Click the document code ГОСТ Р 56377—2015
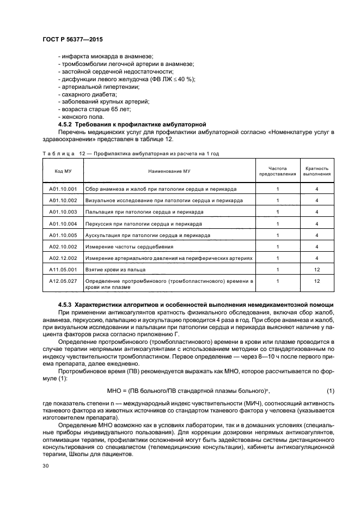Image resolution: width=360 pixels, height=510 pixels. [72, 40]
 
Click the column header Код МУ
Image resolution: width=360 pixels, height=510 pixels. [63, 171]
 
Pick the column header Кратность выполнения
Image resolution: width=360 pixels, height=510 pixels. [316, 171]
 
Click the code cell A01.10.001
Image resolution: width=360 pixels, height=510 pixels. [63, 189]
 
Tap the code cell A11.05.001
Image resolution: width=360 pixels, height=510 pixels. [63, 269]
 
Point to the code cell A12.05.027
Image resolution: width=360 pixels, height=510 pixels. [63, 281]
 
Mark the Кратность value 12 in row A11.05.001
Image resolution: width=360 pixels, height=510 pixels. [316, 269]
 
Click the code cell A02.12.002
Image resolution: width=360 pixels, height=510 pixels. [63, 258]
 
